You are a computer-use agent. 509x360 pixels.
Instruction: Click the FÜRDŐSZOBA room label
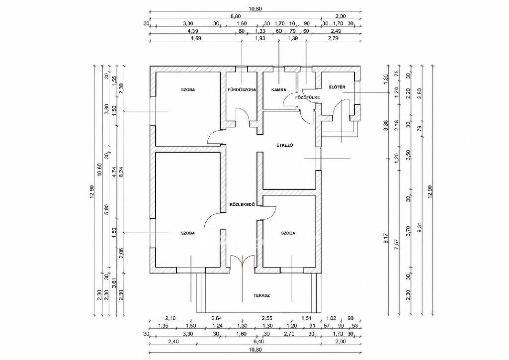pyautogui.click(x=242, y=90)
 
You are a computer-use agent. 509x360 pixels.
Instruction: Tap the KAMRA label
pyautogui.click(x=279, y=90)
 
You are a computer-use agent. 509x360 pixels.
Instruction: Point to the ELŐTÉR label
pyautogui.click(x=337, y=87)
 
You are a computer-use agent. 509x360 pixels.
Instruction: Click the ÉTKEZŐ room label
pyautogui.click(x=285, y=145)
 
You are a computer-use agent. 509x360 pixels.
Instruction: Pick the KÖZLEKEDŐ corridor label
pyautogui.click(x=242, y=204)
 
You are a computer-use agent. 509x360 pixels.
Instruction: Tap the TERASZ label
pyautogui.click(x=261, y=296)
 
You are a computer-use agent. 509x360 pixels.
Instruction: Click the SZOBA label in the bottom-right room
pyautogui.click(x=288, y=233)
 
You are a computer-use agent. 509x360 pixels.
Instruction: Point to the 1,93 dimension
pyautogui.click(x=260, y=38)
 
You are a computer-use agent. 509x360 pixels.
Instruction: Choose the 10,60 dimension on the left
pyautogui.click(x=100, y=178)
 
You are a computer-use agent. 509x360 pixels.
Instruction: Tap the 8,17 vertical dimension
pyautogui.click(x=386, y=239)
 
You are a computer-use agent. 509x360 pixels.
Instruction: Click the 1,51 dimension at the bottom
pyautogui.click(x=307, y=318)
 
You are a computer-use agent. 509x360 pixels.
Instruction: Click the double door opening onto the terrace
pyautogui.click(x=242, y=262)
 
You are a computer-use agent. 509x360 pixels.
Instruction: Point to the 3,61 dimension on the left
pyautogui.click(x=114, y=283)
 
